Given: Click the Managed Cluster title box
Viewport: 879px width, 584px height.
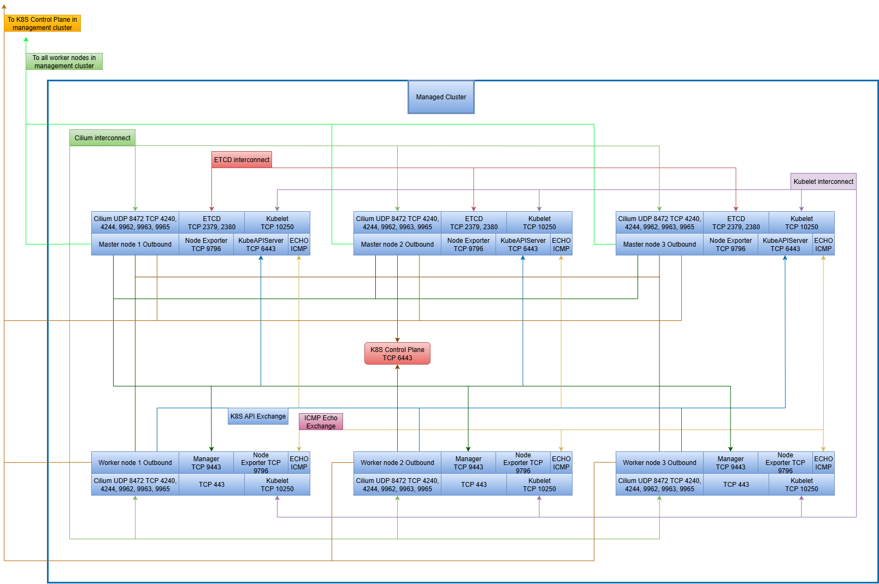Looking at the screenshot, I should click(441, 97).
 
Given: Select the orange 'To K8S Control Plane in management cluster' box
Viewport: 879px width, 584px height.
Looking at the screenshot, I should click(42, 23).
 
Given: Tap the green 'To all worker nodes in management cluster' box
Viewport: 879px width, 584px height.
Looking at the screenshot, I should click(64, 62).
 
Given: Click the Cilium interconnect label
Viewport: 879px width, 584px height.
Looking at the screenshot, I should click(102, 138).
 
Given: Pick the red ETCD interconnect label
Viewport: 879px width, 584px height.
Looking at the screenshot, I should click(241, 160).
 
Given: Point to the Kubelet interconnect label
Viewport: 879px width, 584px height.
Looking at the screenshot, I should click(823, 182).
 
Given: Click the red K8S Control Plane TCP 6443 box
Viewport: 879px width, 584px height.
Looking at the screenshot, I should click(397, 354).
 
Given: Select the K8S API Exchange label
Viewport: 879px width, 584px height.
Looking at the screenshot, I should click(258, 416).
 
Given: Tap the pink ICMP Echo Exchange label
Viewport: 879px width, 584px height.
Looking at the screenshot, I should click(321, 422).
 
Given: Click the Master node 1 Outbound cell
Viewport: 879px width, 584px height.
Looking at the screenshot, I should click(135, 245).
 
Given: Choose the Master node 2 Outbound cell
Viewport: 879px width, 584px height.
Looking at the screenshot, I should click(397, 245).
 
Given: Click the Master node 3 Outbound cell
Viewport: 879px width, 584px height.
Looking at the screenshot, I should click(659, 245).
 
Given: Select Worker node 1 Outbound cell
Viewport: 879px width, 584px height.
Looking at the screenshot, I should click(135, 463).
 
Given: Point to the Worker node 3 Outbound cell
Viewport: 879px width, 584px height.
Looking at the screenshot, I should click(659, 463).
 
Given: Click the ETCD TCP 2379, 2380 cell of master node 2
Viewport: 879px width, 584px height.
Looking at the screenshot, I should click(474, 223).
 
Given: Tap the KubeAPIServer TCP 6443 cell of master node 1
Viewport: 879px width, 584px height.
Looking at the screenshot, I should click(261, 245).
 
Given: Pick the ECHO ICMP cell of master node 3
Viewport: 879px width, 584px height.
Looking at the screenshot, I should click(823, 245).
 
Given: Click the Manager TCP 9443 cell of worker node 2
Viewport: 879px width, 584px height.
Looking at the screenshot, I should click(468, 463).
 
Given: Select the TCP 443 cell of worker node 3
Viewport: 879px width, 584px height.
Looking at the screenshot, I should click(736, 485).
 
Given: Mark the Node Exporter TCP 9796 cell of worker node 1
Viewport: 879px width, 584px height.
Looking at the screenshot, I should click(261, 463).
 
